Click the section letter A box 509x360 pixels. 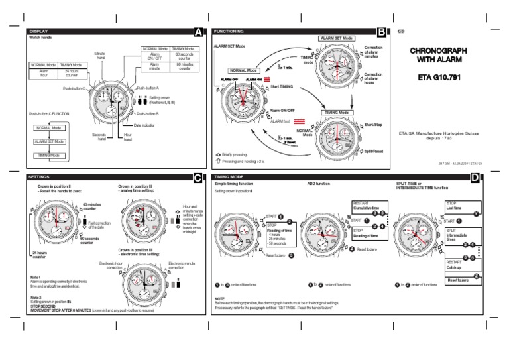[199, 32]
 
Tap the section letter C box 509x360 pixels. [199, 178]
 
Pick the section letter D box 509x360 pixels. [476, 178]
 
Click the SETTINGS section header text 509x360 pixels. [40, 178]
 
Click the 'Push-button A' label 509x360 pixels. [148, 88]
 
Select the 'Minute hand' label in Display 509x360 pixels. [100, 55]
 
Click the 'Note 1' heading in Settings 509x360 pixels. [36, 276]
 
